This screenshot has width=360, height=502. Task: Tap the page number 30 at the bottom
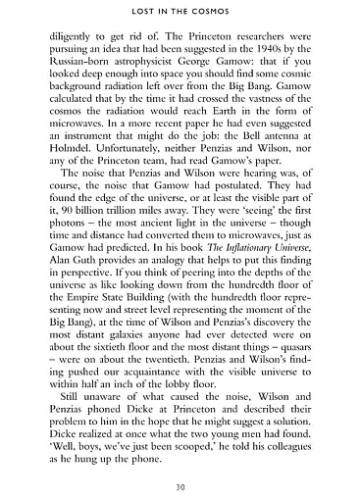pyautogui.click(x=180, y=482)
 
